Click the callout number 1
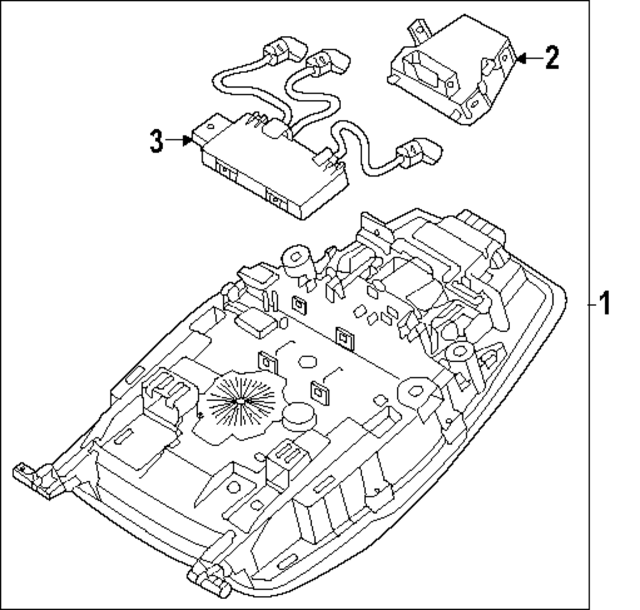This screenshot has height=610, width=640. [604, 303]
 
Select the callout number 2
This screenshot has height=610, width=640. [551, 58]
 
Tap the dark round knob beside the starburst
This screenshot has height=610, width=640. [298, 416]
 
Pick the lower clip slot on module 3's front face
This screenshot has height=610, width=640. [276, 199]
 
